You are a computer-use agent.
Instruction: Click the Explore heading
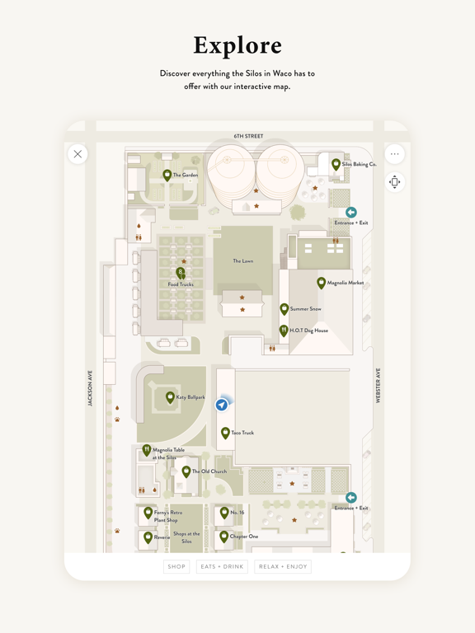[x=237, y=45]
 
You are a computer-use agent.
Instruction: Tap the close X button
[x=78, y=153]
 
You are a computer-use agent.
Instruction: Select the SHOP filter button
[x=176, y=566]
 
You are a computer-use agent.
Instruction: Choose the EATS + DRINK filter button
[x=222, y=566]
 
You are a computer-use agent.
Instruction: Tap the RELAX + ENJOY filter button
[x=283, y=566]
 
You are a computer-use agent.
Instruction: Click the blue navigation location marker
[x=222, y=405]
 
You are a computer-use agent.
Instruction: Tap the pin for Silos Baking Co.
[x=336, y=164]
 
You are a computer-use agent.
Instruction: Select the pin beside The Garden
[x=167, y=175]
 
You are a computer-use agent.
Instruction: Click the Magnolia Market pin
[x=322, y=283]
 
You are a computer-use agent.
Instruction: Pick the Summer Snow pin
[x=285, y=309]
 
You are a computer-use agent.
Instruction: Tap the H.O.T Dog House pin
[x=284, y=331]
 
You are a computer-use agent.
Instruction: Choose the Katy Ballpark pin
[x=171, y=397]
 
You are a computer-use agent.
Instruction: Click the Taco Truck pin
[x=225, y=432]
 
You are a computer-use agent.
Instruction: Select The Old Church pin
[x=186, y=471]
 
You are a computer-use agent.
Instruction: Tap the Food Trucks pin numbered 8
[x=181, y=272]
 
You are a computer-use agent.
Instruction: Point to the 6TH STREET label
[x=248, y=136]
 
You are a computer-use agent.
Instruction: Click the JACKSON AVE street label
[x=90, y=387]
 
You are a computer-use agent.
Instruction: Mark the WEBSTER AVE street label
[x=379, y=386]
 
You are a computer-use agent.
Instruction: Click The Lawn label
[x=242, y=261]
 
